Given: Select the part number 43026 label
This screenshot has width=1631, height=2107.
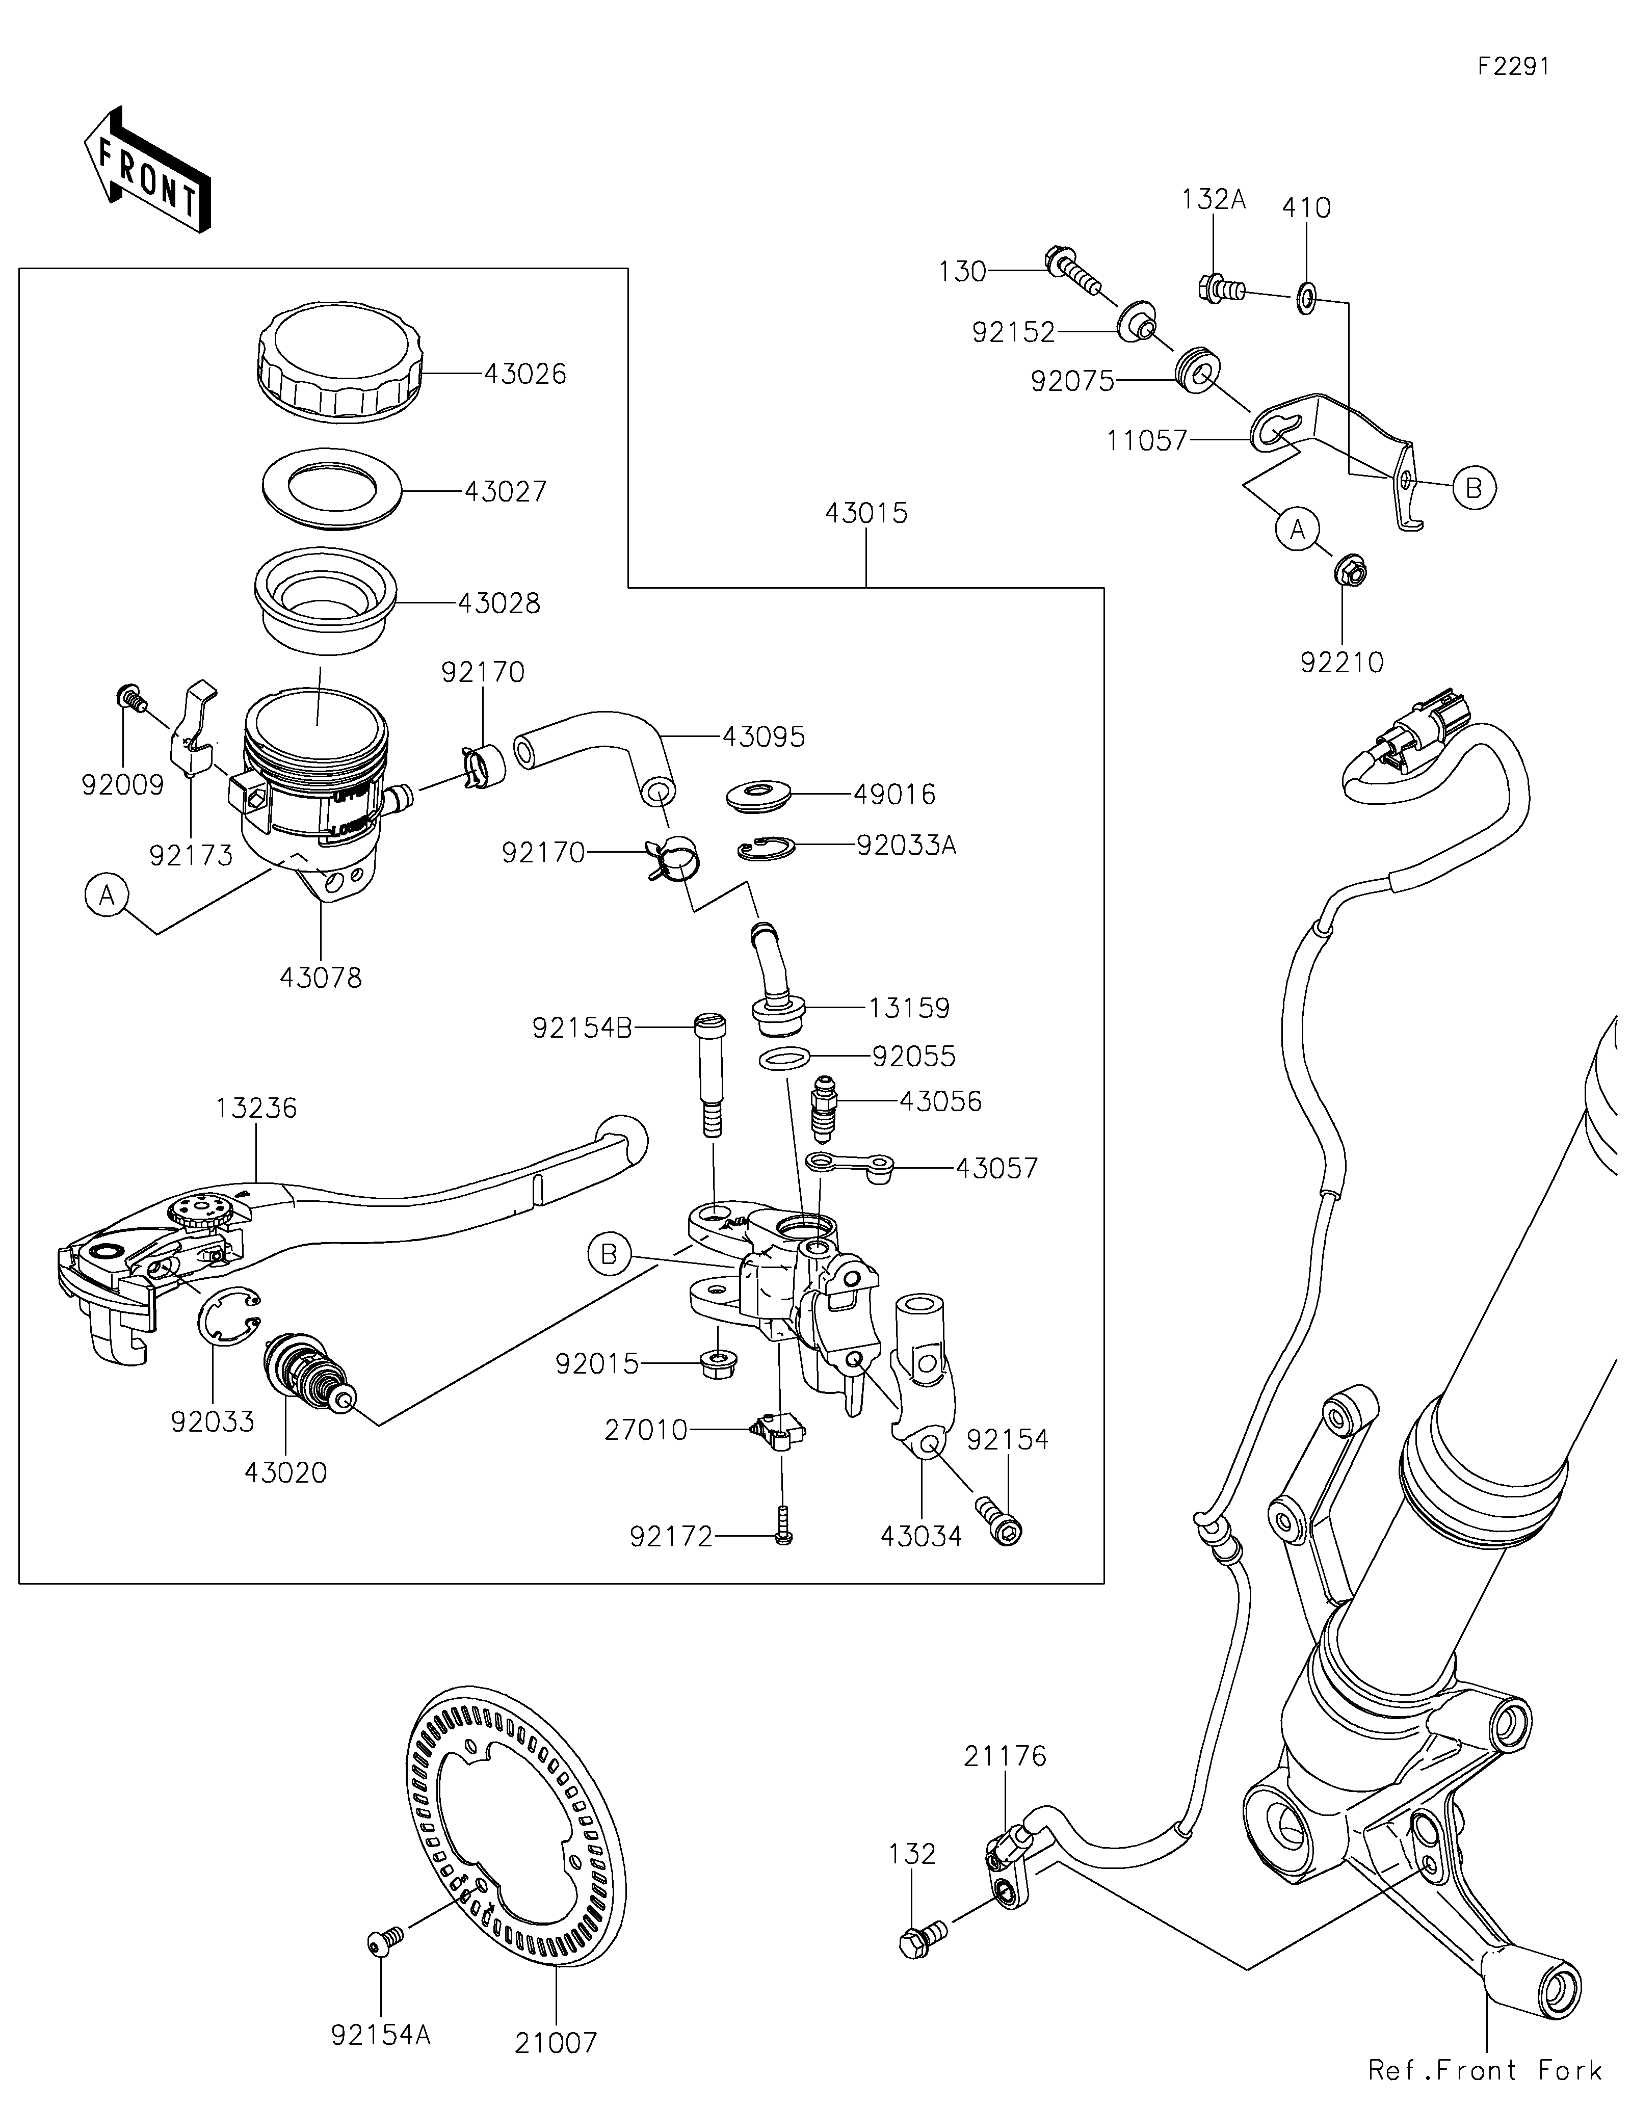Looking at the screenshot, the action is click(524, 374).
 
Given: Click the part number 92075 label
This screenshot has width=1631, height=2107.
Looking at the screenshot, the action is click(1072, 382).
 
